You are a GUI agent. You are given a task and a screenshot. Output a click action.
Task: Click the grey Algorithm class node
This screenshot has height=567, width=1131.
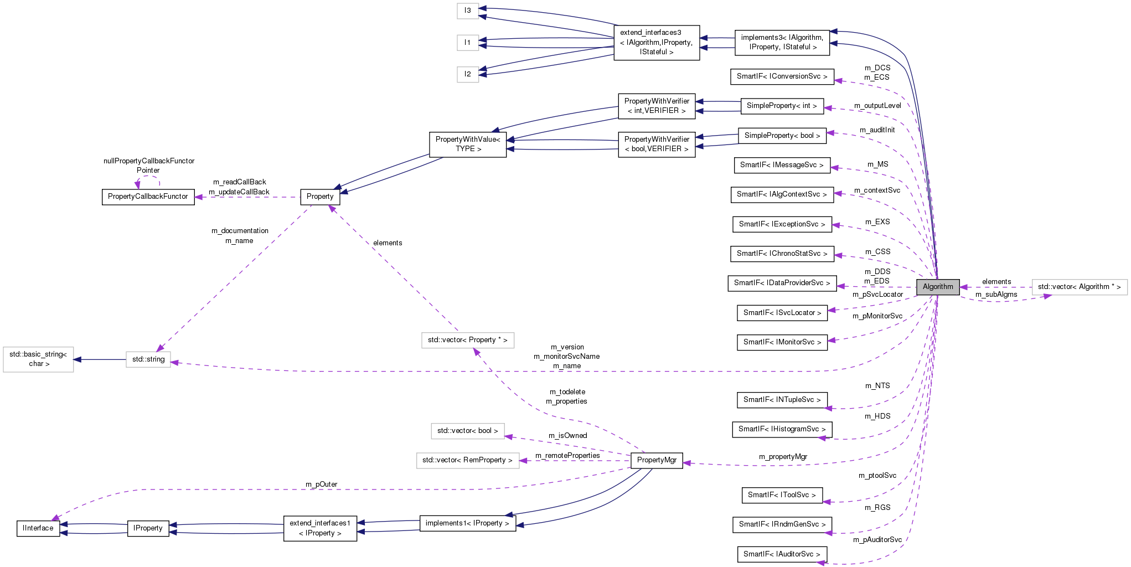[937, 287]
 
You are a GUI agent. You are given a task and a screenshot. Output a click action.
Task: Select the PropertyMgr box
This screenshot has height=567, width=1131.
[657, 460]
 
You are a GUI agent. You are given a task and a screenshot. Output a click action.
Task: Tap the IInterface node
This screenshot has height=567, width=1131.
[38, 528]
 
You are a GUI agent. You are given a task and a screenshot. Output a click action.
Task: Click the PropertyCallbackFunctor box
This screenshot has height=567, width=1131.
[148, 197]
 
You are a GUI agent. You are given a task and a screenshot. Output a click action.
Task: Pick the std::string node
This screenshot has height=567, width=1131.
[148, 359]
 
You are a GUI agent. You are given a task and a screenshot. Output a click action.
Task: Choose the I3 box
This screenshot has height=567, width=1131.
[468, 11]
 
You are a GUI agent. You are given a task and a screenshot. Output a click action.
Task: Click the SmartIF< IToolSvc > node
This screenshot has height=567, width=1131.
[782, 495]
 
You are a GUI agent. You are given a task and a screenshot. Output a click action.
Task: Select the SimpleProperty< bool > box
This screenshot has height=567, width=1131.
[782, 136]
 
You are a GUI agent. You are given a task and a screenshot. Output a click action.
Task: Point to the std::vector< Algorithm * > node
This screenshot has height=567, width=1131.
[1079, 287]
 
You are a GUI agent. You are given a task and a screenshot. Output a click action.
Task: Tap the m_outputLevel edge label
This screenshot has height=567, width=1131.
[877, 106]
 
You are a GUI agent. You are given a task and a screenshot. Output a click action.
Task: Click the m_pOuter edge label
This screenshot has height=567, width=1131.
[321, 484]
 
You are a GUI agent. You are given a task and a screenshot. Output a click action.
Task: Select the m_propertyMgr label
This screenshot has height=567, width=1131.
[783, 457]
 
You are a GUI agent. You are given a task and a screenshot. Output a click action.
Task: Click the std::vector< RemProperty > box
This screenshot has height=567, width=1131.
[467, 460]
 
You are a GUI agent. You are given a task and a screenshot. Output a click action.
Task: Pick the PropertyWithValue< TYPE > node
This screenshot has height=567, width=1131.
[468, 144]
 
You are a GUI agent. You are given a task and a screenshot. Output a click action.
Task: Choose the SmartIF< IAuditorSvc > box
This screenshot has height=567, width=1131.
[782, 554]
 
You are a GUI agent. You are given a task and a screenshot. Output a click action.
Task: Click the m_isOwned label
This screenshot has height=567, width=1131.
[567, 436]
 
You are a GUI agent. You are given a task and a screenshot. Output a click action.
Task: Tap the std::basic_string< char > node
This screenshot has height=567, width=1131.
[38, 359]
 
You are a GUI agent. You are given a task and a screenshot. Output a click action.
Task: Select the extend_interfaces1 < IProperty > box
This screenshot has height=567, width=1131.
[320, 528]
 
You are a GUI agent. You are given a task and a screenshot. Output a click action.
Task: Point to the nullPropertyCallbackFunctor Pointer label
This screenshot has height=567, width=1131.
[149, 166]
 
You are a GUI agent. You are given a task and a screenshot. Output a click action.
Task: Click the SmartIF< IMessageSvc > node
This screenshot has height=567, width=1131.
[782, 165]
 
